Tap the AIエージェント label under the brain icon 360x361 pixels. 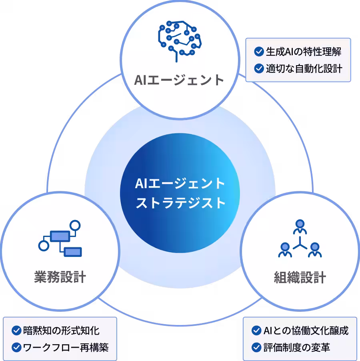(x=179, y=80)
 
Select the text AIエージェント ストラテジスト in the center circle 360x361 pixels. (x=180, y=193)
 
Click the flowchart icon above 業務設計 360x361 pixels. (x=60, y=238)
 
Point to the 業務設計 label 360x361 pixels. (x=60, y=277)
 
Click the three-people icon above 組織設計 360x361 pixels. (x=300, y=239)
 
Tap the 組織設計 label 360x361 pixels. (x=300, y=277)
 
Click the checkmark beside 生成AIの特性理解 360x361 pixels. (x=259, y=52)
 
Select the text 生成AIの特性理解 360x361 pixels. (x=304, y=52)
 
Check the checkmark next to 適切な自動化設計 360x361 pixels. (x=259, y=68)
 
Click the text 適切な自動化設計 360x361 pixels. (x=304, y=68)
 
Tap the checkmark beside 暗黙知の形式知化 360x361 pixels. (x=16, y=331)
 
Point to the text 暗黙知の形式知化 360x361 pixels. (x=61, y=331)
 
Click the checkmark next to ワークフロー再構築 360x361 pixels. (x=16, y=347)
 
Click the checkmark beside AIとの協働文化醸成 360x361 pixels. (x=256, y=331)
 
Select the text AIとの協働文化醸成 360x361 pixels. (x=306, y=331)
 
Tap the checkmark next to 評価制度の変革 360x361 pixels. (x=256, y=347)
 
